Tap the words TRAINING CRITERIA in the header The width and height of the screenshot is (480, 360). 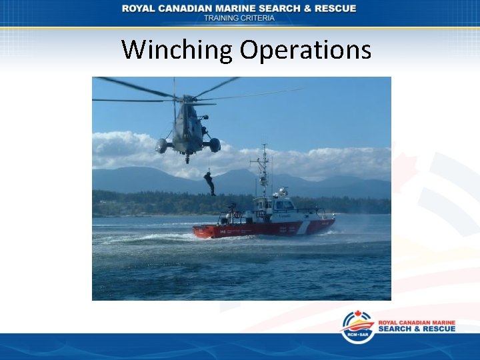[239, 18]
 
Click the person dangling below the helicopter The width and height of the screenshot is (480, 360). [210, 182]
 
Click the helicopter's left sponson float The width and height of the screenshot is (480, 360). [161, 145]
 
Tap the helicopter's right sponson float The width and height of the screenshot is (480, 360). [214, 145]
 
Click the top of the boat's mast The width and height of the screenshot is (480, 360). [265, 147]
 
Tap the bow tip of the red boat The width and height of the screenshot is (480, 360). [333, 220]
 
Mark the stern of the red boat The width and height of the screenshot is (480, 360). [196, 231]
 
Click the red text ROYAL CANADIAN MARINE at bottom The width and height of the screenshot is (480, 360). [417, 323]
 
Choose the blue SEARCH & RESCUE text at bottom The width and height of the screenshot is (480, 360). [417, 329]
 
